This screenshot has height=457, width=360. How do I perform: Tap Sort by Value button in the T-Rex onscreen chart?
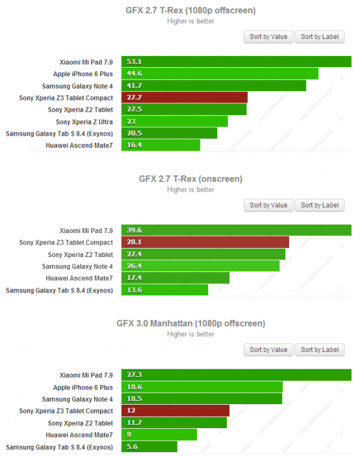pyautogui.click(x=268, y=205)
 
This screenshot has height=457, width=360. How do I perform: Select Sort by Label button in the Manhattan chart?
pyautogui.click(x=320, y=350)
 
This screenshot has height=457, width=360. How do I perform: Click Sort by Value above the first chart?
pyautogui.click(x=268, y=37)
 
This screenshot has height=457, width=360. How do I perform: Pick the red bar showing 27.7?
pyautogui.click(x=184, y=98)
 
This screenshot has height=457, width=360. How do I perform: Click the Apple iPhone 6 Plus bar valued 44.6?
pyautogui.click(x=220, y=74)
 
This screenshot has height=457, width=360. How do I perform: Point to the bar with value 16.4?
pyautogui.click(x=160, y=145)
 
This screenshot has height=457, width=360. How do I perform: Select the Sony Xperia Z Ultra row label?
pyautogui.click(x=84, y=122)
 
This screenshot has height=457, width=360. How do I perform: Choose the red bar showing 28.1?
pyautogui.click(x=205, y=243)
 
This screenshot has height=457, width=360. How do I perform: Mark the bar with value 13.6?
pyautogui.click(x=164, y=290)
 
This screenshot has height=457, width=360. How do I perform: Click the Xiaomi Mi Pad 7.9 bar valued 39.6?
pyautogui.click(x=236, y=230)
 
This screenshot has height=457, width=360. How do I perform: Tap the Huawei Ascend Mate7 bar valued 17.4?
pyautogui.click(x=175, y=278)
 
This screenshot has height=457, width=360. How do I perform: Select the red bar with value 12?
pyautogui.click(x=175, y=411)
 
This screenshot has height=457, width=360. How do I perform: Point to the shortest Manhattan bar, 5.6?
pyautogui.click(x=149, y=447)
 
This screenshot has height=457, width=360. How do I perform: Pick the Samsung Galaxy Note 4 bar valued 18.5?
pyautogui.click(x=202, y=399)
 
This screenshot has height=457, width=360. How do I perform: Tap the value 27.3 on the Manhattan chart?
pyautogui.click(x=133, y=375)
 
